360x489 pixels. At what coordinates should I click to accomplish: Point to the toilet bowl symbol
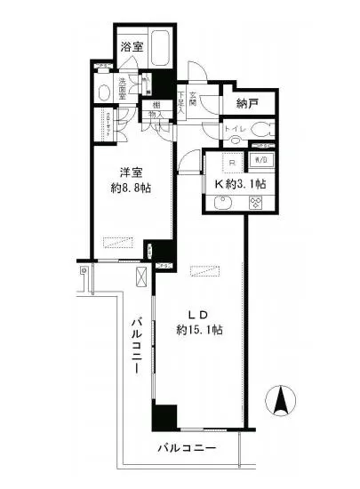tap(260, 130)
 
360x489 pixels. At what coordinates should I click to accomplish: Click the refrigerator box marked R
tap(228, 164)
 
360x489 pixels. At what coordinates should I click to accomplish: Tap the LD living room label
tap(197, 314)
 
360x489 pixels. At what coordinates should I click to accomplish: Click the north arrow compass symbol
tap(282, 401)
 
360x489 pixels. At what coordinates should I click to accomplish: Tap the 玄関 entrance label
tap(204, 86)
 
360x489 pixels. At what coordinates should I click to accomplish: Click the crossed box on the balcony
tap(140, 277)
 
